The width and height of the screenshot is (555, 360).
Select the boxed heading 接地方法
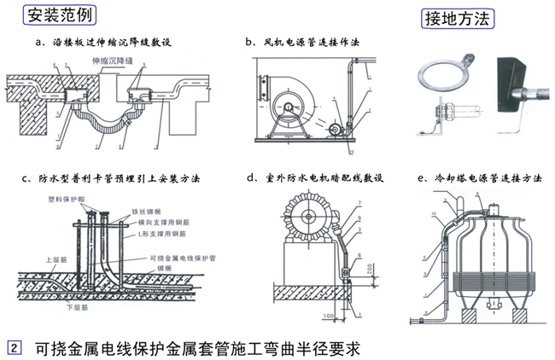pyautogui.click(x=457, y=16)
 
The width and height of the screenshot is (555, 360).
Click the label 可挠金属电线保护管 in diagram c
pyautogui.click(x=184, y=257)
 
